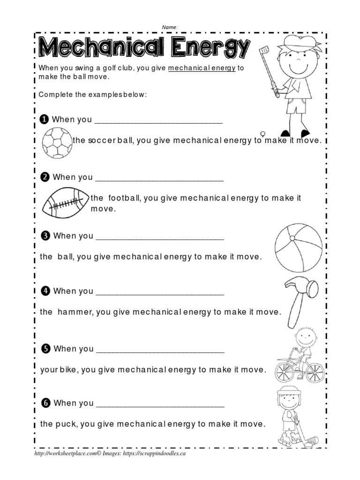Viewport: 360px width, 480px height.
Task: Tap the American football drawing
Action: tap(66, 203)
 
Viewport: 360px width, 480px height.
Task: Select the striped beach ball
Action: tap(299, 247)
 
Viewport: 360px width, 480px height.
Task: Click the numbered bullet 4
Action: tap(45, 291)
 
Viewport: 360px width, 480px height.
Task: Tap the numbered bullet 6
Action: tap(45, 403)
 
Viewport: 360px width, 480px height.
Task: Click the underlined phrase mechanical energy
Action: tap(202, 68)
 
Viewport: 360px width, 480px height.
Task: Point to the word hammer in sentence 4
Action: tap(74, 312)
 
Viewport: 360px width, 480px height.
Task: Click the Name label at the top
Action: tap(170, 27)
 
